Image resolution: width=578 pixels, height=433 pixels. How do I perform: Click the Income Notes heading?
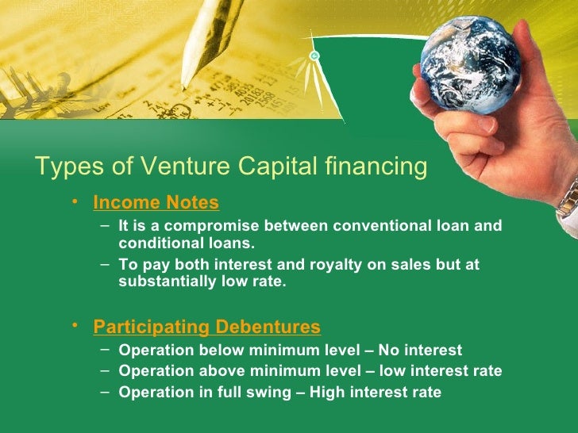click(156, 203)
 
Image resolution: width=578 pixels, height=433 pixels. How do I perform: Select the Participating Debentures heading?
click(206, 327)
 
